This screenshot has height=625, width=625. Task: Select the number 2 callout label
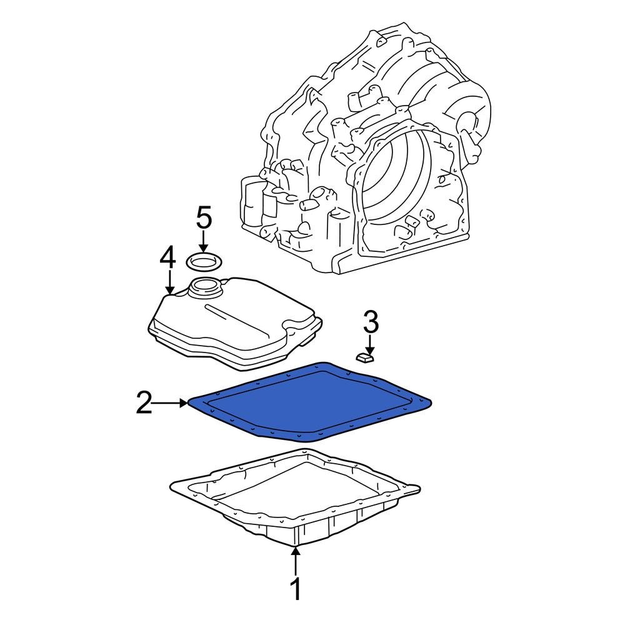pyautogui.click(x=144, y=404)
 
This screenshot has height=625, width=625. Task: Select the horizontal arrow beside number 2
pyautogui.click(x=171, y=404)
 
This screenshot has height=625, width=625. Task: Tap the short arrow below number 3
pyautogui.click(x=370, y=344)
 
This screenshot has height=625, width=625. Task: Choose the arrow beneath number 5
pyautogui.click(x=204, y=242)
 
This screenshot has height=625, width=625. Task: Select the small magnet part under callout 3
pyautogui.click(x=364, y=357)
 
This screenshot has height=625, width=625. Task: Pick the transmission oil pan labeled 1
pyautogui.click(x=294, y=506)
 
